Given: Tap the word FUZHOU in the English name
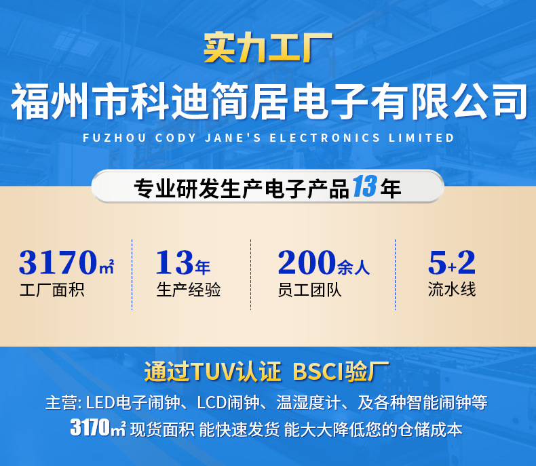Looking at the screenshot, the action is pyautogui.click(x=115, y=138).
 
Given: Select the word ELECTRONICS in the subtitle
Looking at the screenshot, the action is pyautogui.click(x=325, y=138).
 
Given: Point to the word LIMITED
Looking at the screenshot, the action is pyautogui.click(x=421, y=138).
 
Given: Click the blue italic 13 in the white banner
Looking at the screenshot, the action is pyautogui.click(x=365, y=187).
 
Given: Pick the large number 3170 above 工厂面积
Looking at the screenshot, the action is pyautogui.click(x=58, y=262).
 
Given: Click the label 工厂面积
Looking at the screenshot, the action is pyautogui.click(x=52, y=290).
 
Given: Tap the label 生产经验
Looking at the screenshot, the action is pyautogui.click(x=189, y=290).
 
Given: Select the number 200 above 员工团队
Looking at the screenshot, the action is pyautogui.click(x=307, y=262).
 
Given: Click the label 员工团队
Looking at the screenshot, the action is pyautogui.click(x=309, y=290).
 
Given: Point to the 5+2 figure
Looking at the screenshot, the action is pyautogui.click(x=452, y=262).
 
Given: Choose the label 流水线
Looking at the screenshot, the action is pyautogui.click(x=452, y=290).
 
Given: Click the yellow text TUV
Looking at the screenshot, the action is pyautogui.click(x=213, y=371).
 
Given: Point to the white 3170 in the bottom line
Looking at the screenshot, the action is pyautogui.click(x=90, y=427).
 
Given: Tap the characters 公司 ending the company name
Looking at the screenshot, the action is pyautogui.click(x=489, y=102).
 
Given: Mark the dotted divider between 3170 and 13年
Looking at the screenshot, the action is pyautogui.click(x=132, y=275).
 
